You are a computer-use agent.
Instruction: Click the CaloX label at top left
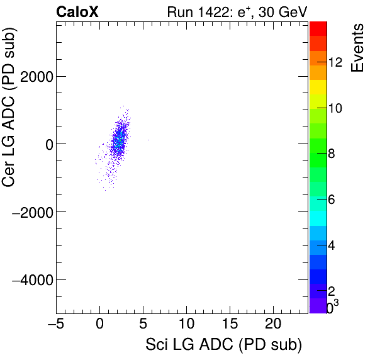pyautogui.click(x=77, y=11)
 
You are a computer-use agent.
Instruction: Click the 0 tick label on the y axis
pyautogui.click(x=46, y=144)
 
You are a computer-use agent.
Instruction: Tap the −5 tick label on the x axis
pyautogui.click(x=56, y=325)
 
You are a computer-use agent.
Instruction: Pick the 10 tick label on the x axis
pyautogui.click(x=186, y=325)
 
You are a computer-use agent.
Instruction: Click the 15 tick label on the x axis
pyautogui.click(x=229, y=325)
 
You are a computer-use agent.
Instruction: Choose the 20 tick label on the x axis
pyautogui.click(x=272, y=325)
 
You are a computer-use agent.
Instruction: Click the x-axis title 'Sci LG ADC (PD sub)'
pyautogui.click(x=223, y=346)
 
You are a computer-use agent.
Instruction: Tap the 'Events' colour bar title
pyautogui.click(x=357, y=48)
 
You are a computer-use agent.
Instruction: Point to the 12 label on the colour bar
pyautogui.click(x=335, y=62)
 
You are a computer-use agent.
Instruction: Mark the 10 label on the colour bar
pyautogui.click(x=335, y=108)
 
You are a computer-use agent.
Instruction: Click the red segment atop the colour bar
pyautogui.click(x=318, y=28)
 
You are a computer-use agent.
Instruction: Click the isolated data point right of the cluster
pyautogui.click(x=148, y=140)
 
